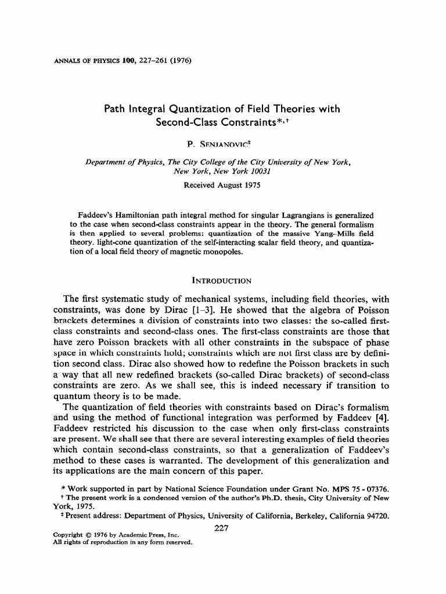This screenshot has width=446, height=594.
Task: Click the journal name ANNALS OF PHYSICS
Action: click(x=80, y=60)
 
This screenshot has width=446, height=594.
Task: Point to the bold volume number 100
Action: click(x=122, y=60)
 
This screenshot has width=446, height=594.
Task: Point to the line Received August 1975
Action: click(x=222, y=186)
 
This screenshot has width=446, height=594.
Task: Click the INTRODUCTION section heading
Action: click(x=221, y=281)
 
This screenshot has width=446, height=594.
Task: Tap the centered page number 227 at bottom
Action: click(x=222, y=527)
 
